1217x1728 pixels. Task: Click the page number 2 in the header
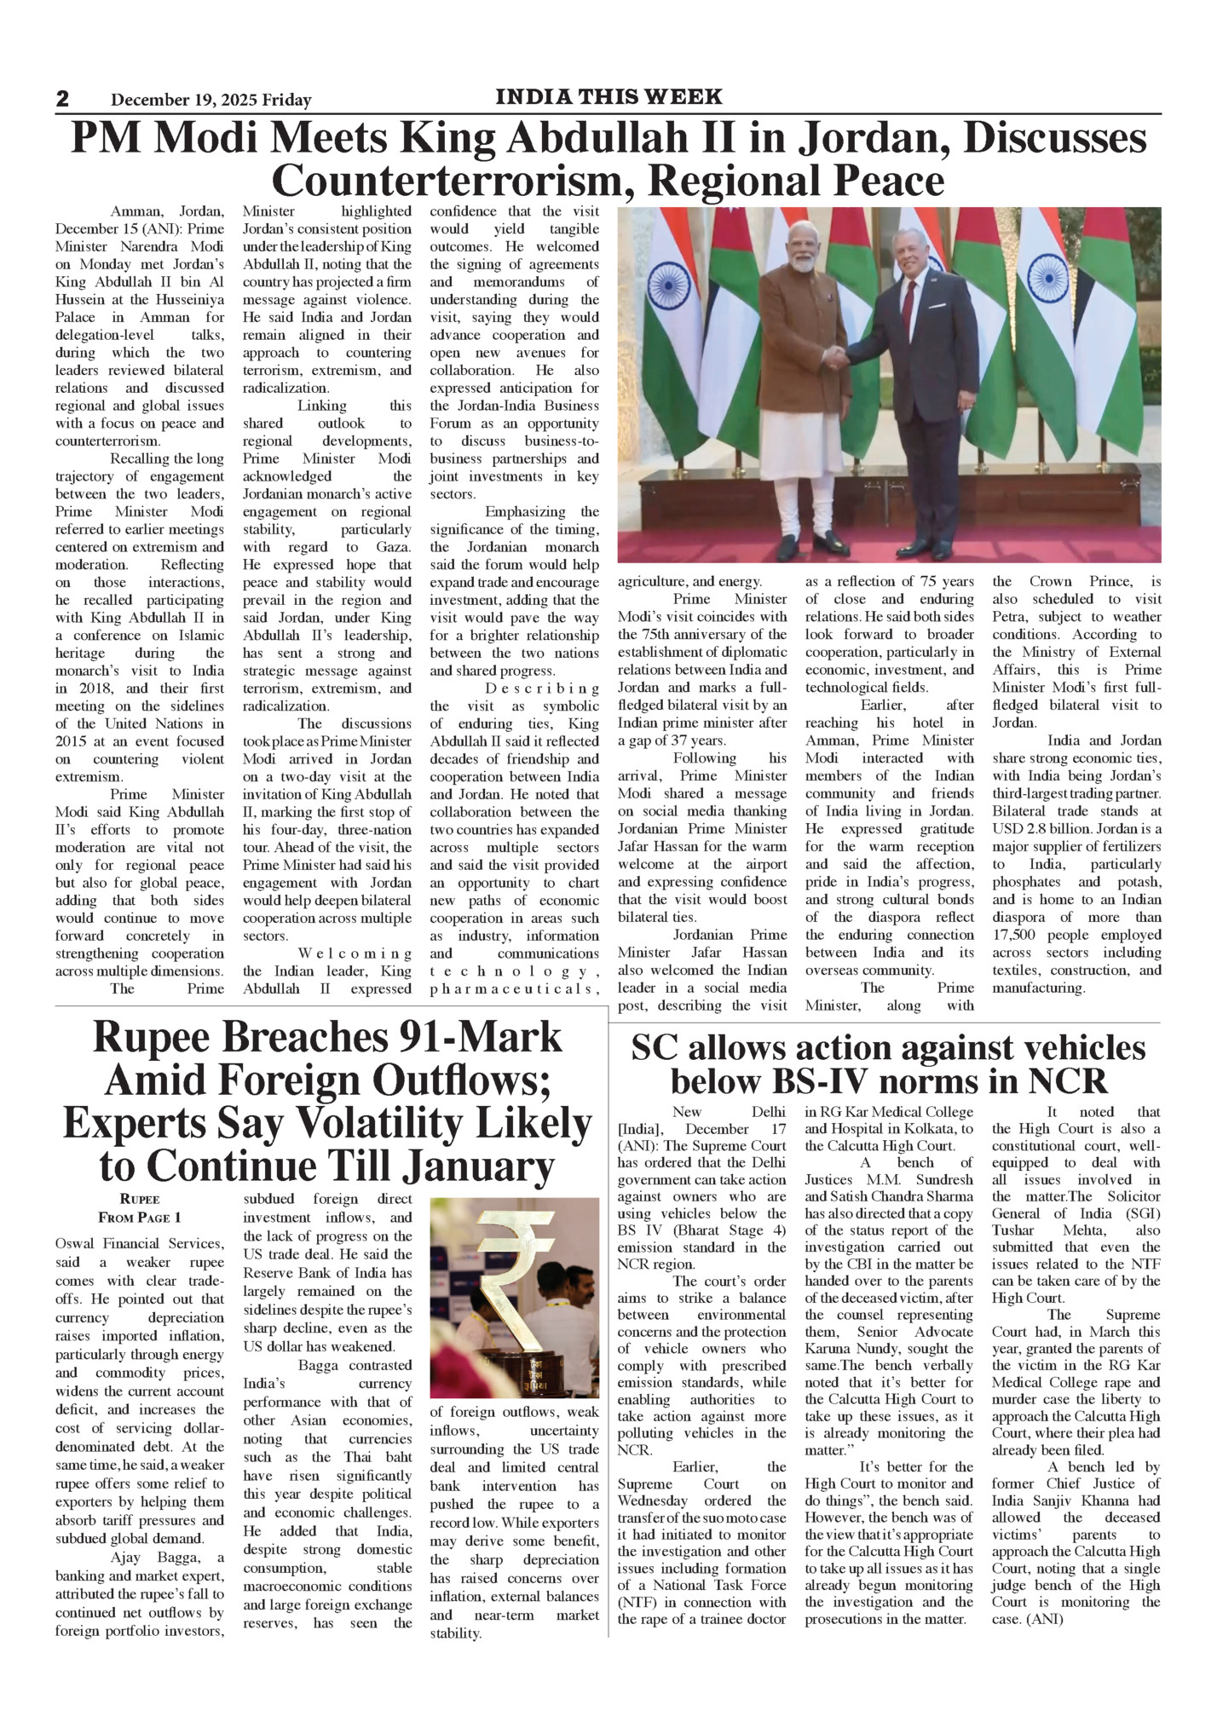coord(63,99)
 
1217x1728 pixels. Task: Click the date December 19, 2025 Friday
coord(211,101)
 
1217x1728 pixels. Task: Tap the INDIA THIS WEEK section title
coord(608,96)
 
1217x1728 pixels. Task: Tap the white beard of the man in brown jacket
coord(799,262)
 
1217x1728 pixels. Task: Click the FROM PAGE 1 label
coord(140,1218)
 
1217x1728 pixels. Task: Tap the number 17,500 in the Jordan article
coord(1018,935)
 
